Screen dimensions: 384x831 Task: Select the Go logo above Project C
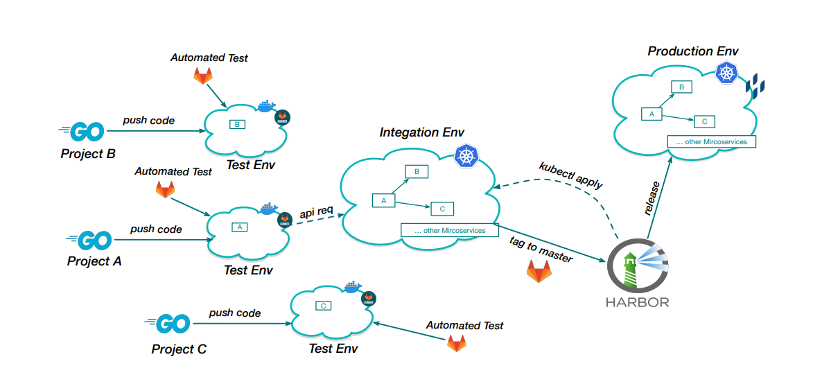tap(169, 323)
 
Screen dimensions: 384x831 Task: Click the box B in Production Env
tap(682, 87)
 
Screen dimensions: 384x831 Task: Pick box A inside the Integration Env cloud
tap(384, 200)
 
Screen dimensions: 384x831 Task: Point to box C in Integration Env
tap(442, 208)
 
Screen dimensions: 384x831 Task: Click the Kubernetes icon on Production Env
tap(726, 72)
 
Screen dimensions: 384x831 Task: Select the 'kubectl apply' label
tap(571, 176)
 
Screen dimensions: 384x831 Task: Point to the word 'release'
tap(652, 200)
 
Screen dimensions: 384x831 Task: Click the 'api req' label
tap(318, 211)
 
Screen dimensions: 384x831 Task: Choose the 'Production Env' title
tap(693, 51)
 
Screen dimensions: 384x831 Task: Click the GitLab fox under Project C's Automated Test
tap(456, 342)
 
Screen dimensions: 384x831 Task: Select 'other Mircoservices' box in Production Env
tap(711, 141)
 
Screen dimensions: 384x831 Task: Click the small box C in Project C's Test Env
tap(322, 306)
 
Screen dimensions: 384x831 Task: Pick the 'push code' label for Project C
tap(235, 313)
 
